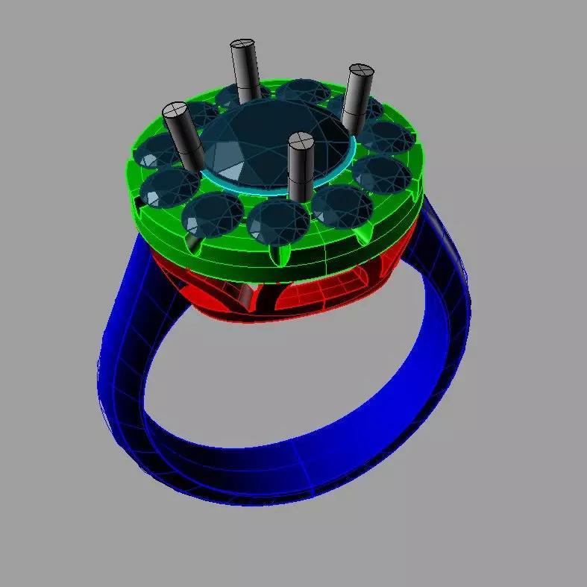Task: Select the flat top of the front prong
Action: (301, 139)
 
